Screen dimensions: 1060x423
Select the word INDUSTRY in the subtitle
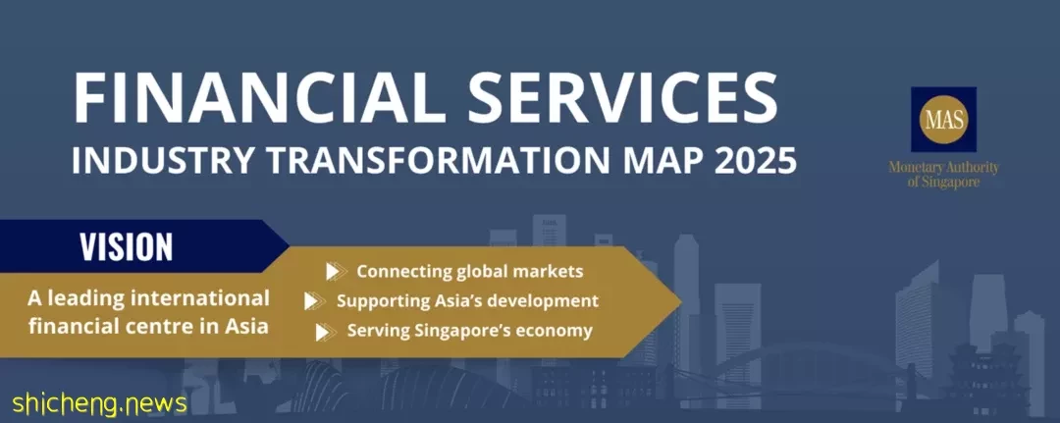tap(162, 161)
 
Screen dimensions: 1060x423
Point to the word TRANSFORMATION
tap(434, 161)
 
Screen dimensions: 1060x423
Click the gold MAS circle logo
tap(945, 120)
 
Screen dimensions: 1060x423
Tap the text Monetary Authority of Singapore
tap(944, 175)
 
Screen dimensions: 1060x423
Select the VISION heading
tap(127, 246)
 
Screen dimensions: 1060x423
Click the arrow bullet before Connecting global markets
tap(336, 272)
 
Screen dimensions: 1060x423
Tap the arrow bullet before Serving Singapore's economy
tap(326, 331)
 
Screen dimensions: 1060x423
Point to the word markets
tap(549, 272)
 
